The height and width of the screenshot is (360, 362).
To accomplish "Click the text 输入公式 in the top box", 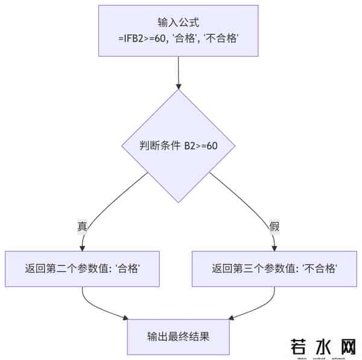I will pos(178,24).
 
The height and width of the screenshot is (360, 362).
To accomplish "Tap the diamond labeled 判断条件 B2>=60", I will pos(178,147).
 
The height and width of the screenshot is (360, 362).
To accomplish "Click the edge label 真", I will pos(82,227).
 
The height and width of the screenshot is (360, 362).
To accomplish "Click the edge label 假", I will pos(275,227).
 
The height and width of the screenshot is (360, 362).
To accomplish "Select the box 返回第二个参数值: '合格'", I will pos(82,268).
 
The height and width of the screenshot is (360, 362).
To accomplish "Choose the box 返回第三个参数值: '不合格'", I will pos(275,268).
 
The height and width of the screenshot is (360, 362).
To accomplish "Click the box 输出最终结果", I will pos(178,336).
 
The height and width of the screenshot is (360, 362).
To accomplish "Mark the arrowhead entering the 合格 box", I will pos(82,247).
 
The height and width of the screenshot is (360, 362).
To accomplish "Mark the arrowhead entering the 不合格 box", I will pos(275,247).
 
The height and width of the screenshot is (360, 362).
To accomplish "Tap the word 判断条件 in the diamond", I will pos(156,147).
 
